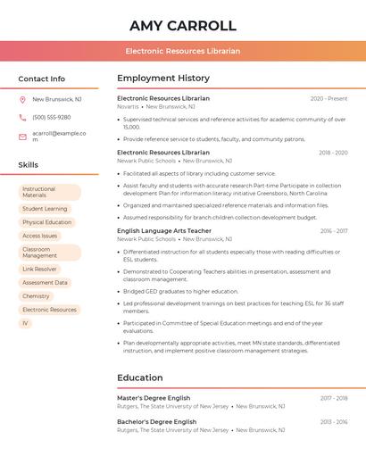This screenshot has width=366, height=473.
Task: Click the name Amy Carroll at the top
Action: (182, 25)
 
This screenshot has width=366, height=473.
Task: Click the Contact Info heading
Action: (42, 79)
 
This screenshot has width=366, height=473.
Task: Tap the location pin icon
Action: (22, 100)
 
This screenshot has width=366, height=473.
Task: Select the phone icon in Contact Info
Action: (22, 118)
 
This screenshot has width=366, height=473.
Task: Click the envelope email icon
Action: (22, 136)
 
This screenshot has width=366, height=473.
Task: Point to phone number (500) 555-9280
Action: (52, 118)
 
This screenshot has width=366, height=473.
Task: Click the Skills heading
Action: (29, 165)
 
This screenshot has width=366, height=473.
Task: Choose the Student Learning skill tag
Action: (45, 209)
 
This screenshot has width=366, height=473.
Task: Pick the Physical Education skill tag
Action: (47, 222)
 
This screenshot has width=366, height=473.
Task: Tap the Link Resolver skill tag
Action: (40, 269)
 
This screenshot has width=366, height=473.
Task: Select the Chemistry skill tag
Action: (37, 296)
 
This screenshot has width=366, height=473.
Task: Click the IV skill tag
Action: (26, 323)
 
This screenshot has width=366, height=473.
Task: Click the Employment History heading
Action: (163, 79)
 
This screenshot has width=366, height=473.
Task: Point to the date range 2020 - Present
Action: (329, 99)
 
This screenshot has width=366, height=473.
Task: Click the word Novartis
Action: (129, 106)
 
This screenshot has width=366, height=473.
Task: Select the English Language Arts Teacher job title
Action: (164, 231)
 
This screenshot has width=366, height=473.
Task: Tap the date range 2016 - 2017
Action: (334, 231)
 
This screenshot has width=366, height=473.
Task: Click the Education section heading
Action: (140, 378)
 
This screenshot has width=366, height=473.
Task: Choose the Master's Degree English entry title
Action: (154, 398)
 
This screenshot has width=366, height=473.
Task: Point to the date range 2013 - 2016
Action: (334, 421)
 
